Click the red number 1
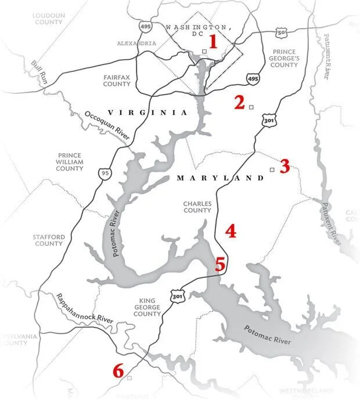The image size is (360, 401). click(213, 42)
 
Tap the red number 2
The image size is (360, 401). click(239, 103)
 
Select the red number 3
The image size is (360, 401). click(285, 167)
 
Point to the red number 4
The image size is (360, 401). click(231, 232)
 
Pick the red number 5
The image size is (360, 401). click(220, 265)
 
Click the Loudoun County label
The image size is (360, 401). click(49, 18)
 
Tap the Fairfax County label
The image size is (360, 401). click(117, 80)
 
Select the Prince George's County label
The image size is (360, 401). click(284, 58)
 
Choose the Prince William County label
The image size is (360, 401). click(70, 162)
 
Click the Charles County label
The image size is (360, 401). click(197, 207)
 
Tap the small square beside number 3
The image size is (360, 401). click(272, 169)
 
